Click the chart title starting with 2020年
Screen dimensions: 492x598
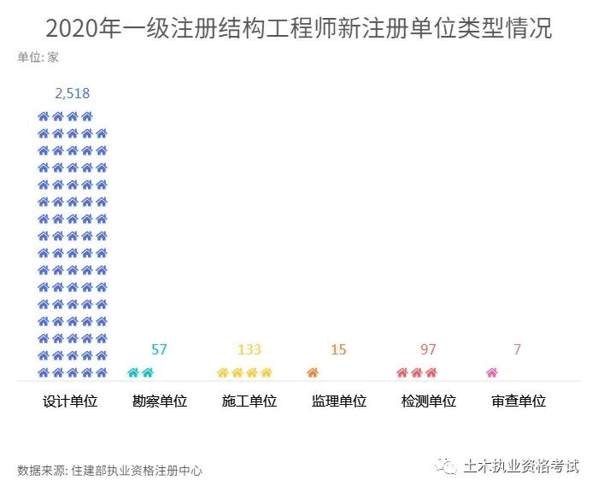298,28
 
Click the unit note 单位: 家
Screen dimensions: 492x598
38,58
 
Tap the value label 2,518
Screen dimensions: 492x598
72,93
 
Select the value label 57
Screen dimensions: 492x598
159,349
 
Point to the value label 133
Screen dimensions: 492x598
249,349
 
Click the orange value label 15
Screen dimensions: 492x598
338,349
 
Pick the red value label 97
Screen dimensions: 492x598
428,349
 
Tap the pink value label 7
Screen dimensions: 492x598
518,349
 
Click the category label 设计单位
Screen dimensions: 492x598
70,401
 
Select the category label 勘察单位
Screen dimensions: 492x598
160,401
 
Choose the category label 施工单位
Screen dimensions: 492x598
249,401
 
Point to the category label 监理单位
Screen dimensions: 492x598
339,401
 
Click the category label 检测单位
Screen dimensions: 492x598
429,401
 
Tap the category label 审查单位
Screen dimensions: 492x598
519,401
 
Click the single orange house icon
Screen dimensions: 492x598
312,372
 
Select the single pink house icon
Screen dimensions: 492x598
491,372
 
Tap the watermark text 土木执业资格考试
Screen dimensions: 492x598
521,466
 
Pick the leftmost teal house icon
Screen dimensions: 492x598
132,372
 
